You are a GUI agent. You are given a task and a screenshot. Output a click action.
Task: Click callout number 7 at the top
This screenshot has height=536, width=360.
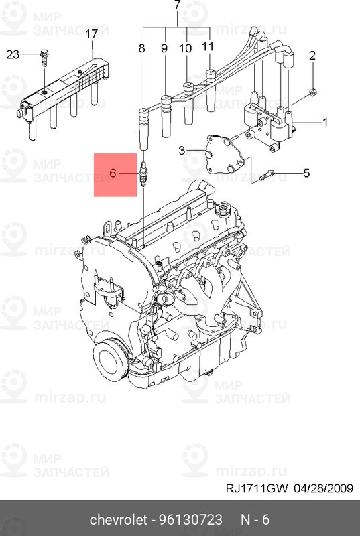pos(178,6)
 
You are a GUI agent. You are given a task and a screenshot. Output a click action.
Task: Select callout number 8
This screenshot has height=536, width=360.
pos(141,48)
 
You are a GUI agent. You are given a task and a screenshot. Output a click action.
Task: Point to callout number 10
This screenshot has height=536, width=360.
pos(186,48)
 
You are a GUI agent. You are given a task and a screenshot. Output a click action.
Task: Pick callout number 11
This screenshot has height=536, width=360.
pos(208,47)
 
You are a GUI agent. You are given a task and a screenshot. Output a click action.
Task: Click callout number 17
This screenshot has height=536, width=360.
pos(92,33)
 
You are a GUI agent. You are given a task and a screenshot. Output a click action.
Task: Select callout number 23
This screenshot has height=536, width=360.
pos(13,55)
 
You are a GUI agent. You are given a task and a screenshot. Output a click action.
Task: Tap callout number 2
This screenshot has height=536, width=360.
pos(312,56)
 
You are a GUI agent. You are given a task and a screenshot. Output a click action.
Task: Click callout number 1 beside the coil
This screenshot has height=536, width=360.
pos(325,122)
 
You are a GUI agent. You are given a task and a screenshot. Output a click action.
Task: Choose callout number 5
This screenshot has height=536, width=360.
pos(306,173)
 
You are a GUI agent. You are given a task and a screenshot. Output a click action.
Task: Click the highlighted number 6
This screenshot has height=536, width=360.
pos(113,173)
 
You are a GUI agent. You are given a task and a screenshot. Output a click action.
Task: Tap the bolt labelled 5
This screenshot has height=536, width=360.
pos(267,175)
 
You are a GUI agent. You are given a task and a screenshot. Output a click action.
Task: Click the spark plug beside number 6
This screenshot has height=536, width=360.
pos(143,175)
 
